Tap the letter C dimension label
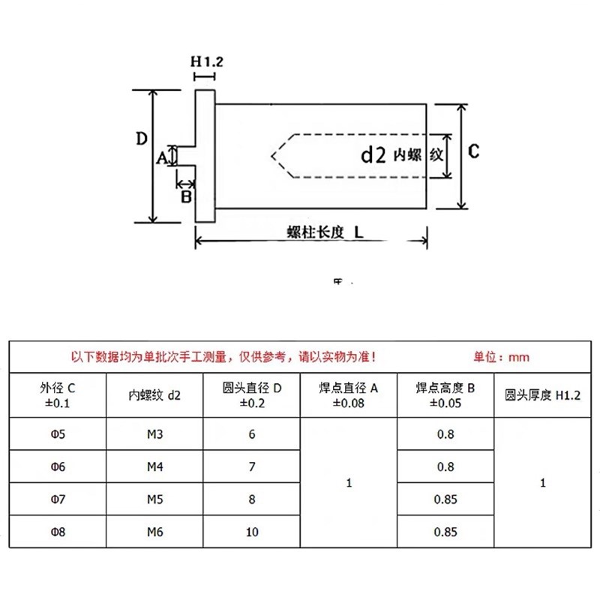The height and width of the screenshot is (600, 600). (x=473, y=151)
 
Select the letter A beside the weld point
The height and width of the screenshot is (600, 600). (x=160, y=157)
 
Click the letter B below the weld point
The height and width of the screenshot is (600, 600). (x=186, y=196)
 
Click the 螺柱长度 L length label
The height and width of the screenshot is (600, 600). (x=325, y=232)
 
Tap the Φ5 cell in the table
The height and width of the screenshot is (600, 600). (x=58, y=434)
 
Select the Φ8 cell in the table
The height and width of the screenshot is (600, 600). (x=58, y=532)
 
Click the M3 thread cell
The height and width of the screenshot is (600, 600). (x=154, y=434)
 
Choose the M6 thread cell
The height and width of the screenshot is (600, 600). (x=154, y=532)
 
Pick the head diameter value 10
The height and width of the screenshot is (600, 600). (x=251, y=532)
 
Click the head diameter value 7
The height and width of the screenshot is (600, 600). (x=251, y=466)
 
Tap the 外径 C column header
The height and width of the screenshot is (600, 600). (x=58, y=394)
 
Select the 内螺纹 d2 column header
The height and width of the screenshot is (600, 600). (x=154, y=394)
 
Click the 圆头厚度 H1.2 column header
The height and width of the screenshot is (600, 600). (x=543, y=394)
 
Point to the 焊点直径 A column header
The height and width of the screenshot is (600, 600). (x=348, y=394)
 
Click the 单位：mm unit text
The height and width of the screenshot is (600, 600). (x=501, y=357)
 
